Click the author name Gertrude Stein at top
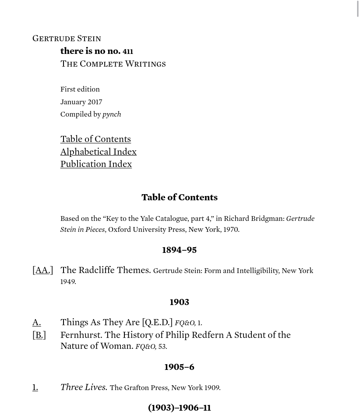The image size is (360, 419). tap(67, 38)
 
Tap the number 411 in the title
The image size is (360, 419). tap(128, 51)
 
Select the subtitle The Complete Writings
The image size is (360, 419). tap(113, 64)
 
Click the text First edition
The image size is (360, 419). tap(80, 89)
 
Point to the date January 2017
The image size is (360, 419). tap(81, 102)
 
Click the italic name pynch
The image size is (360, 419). tap(112, 114)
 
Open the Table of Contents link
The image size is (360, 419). tap(95, 139)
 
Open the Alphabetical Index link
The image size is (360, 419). tap(99, 152)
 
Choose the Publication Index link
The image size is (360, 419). tap(96, 164)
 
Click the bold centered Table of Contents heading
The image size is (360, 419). tap(180, 197)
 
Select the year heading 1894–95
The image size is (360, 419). tap(180, 250)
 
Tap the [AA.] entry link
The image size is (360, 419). tap(42, 270)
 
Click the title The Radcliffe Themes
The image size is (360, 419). tap(106, 270)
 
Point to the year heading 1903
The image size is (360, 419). tap(180, 302)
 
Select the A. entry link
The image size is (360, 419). tap(36, 323)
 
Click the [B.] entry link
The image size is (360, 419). tap(39, 335)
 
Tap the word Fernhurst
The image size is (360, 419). tap(81, 335)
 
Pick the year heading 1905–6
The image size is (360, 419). tap(180, 367)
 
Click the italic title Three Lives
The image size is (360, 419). tap(84, 387)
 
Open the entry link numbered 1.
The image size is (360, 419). tap(35, 387)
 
